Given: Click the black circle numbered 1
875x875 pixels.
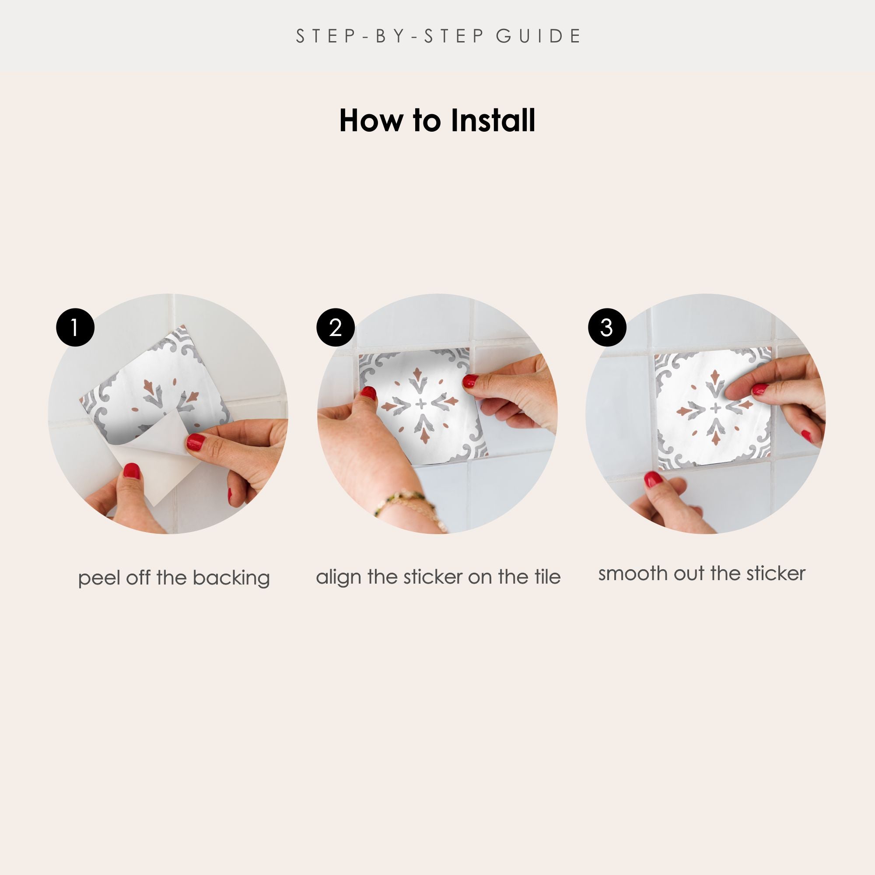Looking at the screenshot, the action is [x=75, y=327].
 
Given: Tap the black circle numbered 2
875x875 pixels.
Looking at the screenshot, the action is [x=335, y=327].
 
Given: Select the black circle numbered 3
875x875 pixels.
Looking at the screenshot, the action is [x=607, y=327].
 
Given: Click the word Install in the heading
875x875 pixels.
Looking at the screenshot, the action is [x=493, y=120].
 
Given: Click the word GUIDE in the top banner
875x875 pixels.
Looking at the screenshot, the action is [x=538, y=36].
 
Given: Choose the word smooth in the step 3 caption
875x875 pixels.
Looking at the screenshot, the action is [x=633, y=574].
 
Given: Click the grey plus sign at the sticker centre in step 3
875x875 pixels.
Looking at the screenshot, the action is [x=716, y=409].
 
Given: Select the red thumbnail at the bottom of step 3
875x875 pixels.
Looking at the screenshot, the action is [x=652, y=479].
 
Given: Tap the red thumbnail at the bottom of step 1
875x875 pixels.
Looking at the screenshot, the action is [x=132, y=472].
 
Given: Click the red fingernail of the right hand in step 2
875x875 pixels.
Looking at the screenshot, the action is [x=471, y=381].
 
